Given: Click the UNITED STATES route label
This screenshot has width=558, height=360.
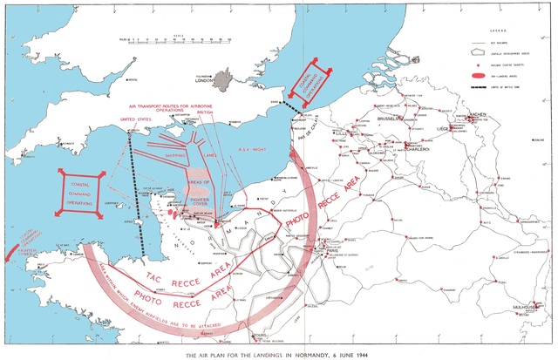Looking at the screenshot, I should click(137, 120).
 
